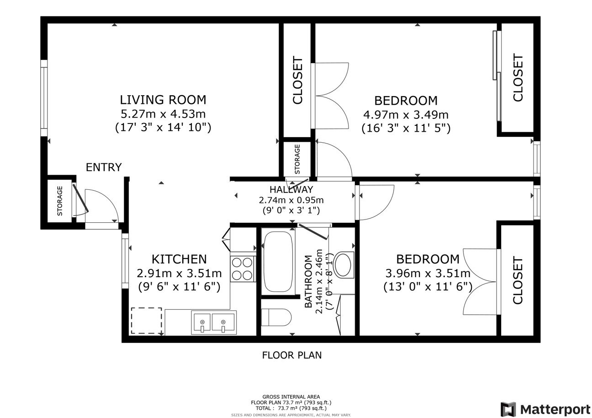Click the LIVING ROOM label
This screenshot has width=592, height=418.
point(163,100)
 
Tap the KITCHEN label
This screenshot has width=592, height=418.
point(179,259)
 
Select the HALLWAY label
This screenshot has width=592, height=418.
point(291,189)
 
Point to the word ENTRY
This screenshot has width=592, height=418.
point(104,167)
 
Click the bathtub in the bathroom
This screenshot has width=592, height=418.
point(278,262)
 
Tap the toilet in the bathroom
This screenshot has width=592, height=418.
point(276,317)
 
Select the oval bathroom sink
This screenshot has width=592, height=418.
point(344,264)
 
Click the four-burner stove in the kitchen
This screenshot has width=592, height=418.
point(243,269)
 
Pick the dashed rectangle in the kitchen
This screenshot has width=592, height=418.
point(147,321)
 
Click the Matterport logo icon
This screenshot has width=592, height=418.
point(508,409)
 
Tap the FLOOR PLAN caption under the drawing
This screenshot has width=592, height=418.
point(292,355)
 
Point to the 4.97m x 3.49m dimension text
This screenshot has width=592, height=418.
point(406,115)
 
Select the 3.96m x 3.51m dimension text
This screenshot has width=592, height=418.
point(428,273)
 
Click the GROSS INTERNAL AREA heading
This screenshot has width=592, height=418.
point(291,397)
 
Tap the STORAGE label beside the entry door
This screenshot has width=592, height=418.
point(60,201)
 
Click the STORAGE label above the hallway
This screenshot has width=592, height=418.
point(297,159)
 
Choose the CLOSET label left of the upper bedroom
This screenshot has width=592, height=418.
point(297,80)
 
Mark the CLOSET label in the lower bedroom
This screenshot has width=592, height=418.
point(518,280)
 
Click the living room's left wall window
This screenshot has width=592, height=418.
point(44,98)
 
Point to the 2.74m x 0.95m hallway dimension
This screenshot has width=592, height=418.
point(291,200)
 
